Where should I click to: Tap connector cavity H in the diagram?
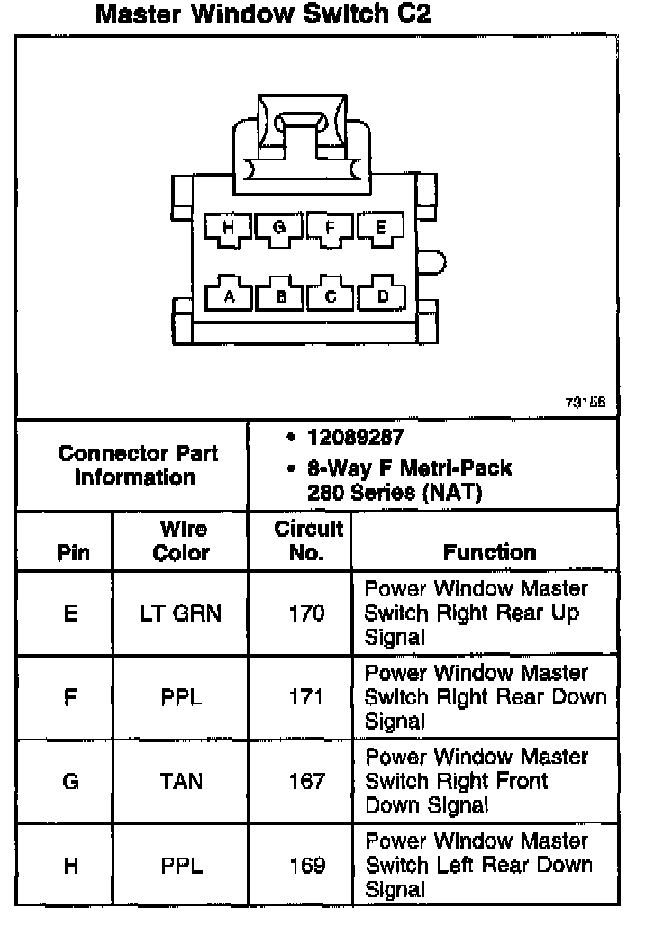tap(229, 228)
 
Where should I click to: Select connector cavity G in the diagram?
tap(279, 228)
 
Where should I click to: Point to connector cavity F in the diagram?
tap(331, 228)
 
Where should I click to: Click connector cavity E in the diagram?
tap(381, 228)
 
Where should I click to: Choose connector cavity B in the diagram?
tap(281, 295)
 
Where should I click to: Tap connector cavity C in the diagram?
tap(331, 295)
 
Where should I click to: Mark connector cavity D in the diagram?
tap(382, 295)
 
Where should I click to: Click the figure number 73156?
tap(586, 403)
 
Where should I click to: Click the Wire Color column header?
tap(181, 540)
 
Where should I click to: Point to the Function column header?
tap(489, 552)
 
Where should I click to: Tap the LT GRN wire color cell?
tap(181, 613)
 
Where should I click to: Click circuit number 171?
tap(306, 697)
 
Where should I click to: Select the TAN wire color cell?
tap(181, 781)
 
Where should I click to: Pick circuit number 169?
tap(306, 866)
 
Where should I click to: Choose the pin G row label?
tap(71, 781)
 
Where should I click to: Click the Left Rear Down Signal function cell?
tap(478, 865)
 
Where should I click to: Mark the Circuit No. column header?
tap(307, 540)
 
